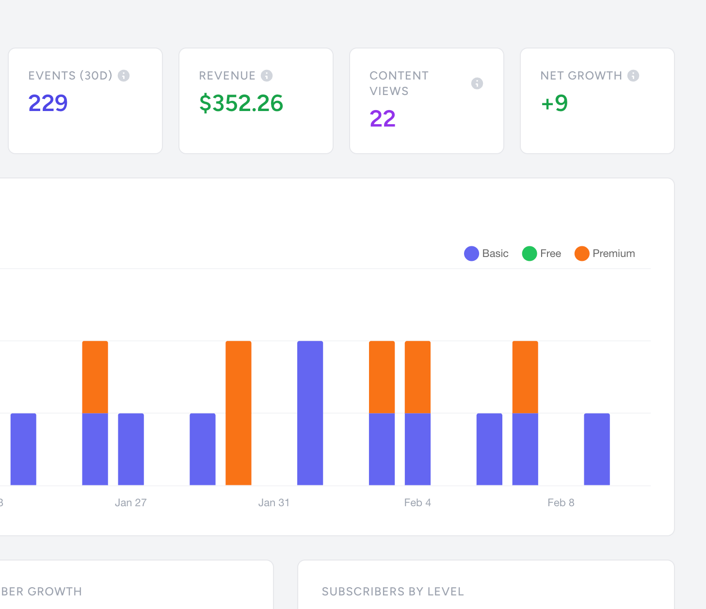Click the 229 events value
[48, 103]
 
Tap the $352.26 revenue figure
[241, 103]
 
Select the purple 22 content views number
[383, 118]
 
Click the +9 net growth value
[554, 103]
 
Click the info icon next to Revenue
[267, 76]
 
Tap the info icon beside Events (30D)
[124, 76]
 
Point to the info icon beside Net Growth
[633, 76]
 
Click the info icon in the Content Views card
[477, 83]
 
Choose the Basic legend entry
[486, 254]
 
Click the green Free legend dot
[529, 254]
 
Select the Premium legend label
[613, 254]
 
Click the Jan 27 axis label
[130, 503]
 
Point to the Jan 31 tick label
[273, 503]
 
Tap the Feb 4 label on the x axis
[417, 503]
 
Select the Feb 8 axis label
[561, 503]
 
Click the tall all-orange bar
[238, 412]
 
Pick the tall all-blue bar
[310, 412]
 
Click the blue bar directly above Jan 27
[131, 449]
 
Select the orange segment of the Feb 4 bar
[417, 377]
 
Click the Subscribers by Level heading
[393, 592]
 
